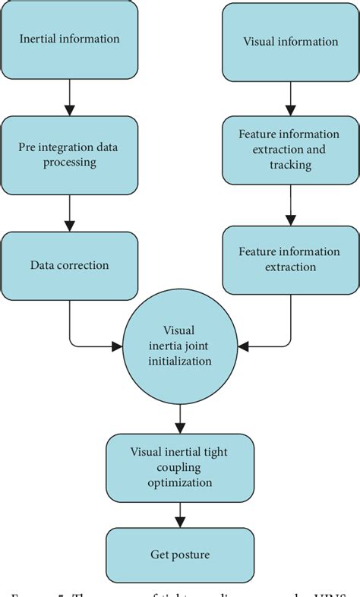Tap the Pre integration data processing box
pyautogui.click(x=70, y=155)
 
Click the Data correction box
pyautogui.click(x=70, y=265)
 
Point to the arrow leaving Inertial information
pyautogui.click(x=70, y=95)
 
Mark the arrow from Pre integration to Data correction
pyautogui.click(x=70, y=213)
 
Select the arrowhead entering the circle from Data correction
pyautogui.click(x=116, y=346)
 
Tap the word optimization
pyautogui.click(x=180, y=482)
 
